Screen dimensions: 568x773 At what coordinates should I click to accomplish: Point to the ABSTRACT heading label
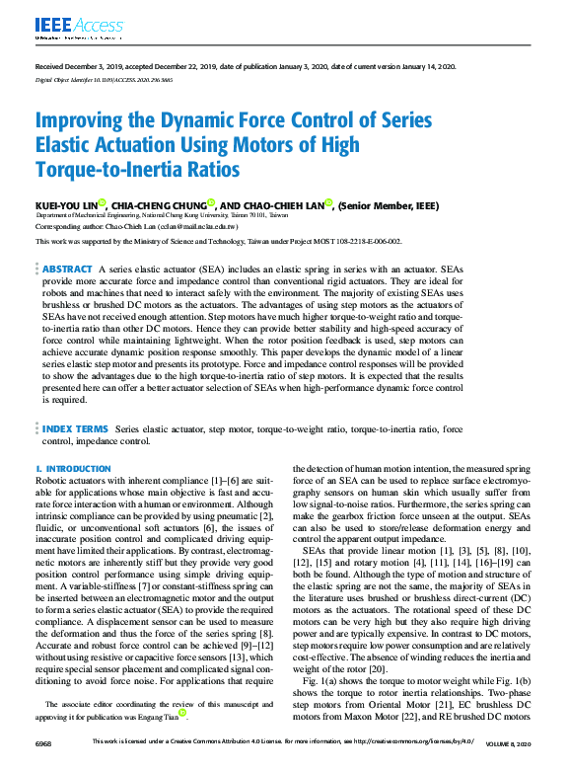tap(67, 269)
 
